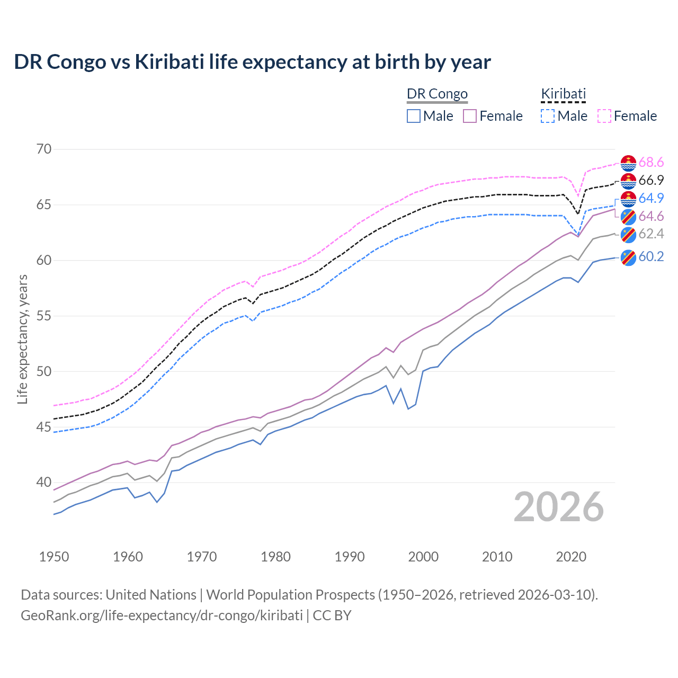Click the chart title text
252,62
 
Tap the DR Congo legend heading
437,94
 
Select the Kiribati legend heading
563,94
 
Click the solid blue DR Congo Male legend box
414,116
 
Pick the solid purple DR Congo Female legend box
470,116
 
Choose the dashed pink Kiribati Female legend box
604,116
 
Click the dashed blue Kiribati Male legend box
548,116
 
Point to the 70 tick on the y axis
44,149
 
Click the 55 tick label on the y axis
44,316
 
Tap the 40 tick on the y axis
44,483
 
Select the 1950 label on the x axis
54,557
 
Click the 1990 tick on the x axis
350,557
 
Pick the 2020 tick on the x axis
571,557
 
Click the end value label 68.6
651,163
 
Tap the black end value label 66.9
651,181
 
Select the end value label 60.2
651,257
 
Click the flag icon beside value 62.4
628,235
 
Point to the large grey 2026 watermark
559,507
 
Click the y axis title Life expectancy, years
23,339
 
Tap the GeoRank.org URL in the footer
162,615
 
